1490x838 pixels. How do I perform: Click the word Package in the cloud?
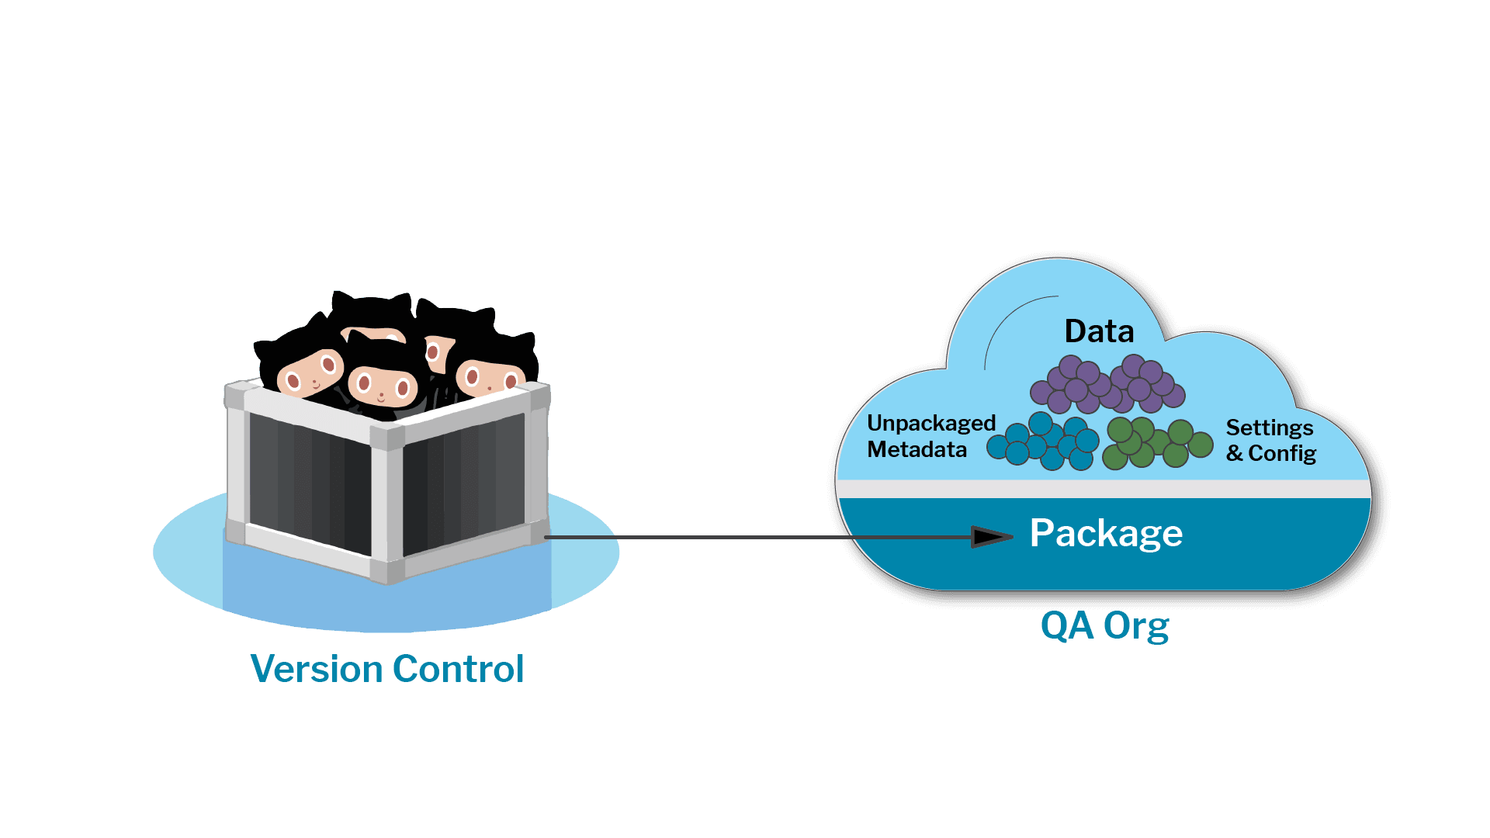coord(1105,534)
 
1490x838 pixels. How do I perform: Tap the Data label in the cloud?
coord(1099,331)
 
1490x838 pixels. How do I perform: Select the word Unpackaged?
coord(930,424)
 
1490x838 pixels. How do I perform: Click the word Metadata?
coord(917,450)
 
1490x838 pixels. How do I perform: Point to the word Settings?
coord(1269,428)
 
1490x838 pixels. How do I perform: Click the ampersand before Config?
coord(1234,453)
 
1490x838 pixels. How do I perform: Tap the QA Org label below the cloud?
coord(1104,625)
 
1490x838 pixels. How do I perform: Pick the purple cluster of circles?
coord(1107,385)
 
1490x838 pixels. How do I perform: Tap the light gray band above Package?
coord(1102,489)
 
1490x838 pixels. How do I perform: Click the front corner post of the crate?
coord(387,504)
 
